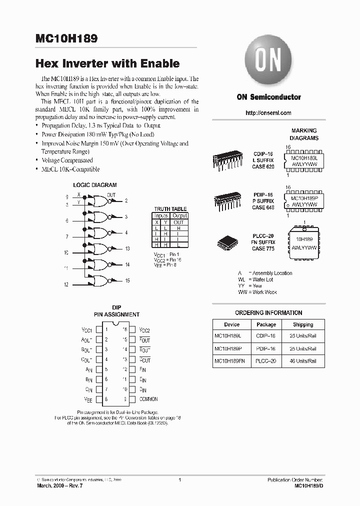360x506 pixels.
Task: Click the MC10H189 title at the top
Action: pos(67,38)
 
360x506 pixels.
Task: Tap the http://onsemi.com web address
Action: pos(268,113)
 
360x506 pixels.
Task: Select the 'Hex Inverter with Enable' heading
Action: pos(107,64)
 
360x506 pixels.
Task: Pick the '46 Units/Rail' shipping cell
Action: pos(303,360)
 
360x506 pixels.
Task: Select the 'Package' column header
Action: pos(266,324)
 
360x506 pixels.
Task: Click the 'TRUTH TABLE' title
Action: pos(170,209)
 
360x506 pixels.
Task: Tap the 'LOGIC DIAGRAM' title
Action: pos(95,185)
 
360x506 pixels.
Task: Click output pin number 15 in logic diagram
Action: pos(127,281)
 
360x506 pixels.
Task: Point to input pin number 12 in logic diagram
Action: pos(66,284)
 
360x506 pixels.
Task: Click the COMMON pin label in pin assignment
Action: pos(148,399)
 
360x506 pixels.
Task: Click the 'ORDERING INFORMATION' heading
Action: pos(268,313)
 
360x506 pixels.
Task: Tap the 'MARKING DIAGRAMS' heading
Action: pos(304,134)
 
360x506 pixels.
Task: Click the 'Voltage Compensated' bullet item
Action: pos(67,160)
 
